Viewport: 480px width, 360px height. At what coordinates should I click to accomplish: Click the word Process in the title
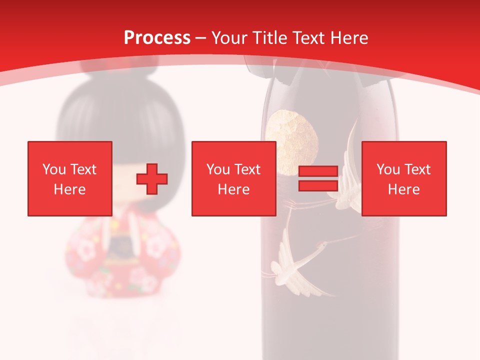pos(157,38)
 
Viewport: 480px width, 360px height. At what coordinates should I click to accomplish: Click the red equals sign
pos(318,178)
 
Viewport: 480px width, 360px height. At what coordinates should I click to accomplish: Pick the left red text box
pos(69,178)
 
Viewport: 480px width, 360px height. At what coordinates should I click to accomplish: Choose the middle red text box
pos(233,178)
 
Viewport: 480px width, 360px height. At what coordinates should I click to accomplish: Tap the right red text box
pos(403,178)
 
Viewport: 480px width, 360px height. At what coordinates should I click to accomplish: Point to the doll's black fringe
pos(120,125)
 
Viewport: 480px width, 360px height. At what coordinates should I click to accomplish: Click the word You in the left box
pos(53,169)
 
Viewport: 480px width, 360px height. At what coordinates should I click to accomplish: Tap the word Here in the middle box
pos(233,189)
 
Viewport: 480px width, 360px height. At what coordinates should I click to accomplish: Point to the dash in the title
pos(201,38)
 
